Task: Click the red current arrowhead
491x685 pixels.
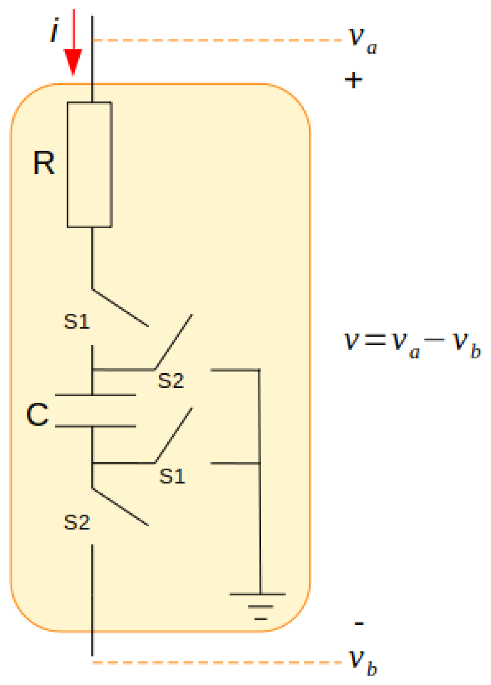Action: [73, 61]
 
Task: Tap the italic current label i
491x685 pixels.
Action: [54, 30]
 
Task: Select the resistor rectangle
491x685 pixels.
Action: [89, 164]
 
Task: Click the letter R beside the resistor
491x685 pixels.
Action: [43, 163]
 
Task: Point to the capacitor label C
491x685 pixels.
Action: [37, 415]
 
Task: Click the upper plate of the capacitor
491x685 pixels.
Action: [95, 395]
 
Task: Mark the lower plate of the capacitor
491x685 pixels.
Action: [95, 426]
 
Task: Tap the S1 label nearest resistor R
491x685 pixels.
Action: [77, 322]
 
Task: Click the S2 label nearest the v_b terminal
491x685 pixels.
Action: [77, 522]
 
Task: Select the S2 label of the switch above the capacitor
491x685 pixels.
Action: [171, 381]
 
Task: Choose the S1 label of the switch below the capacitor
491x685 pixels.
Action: [172, 476]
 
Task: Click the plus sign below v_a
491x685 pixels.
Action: [353, 80]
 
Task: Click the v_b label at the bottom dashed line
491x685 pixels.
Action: [363, 663]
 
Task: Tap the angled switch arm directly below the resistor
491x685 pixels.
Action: [121, 308]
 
